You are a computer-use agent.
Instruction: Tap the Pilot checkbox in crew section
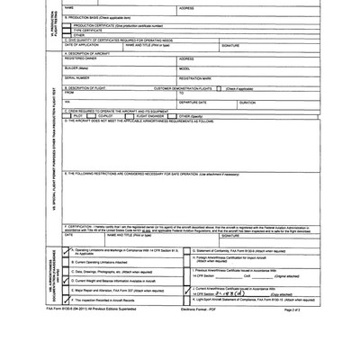click(x=68, y=116)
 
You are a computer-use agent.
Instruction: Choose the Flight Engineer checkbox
click(x=131, y=116)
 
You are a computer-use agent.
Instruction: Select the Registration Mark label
click(x=199, y=78)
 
